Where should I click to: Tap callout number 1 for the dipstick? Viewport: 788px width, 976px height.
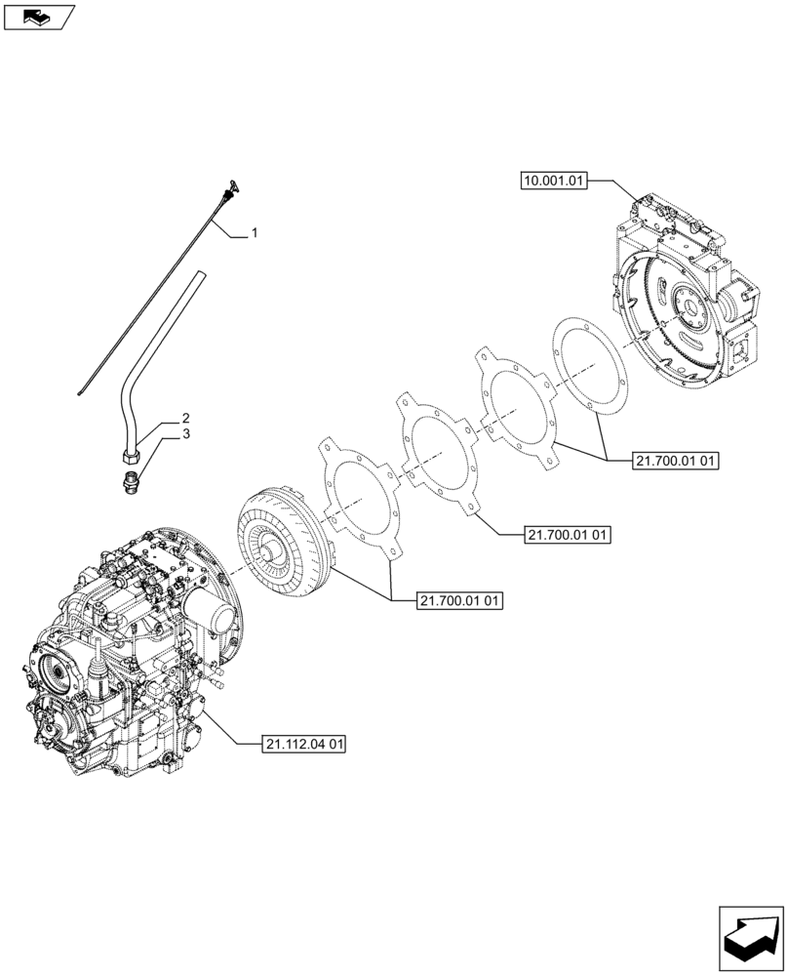pos(255,233)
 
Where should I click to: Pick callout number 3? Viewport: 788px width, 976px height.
pos(185,433)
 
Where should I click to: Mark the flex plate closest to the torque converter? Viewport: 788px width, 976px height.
pos(361,495)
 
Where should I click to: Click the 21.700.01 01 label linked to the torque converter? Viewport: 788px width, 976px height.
pos(459,601)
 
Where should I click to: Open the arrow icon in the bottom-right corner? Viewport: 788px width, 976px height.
pos(750,937)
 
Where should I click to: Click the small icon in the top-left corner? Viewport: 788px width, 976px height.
pos(38,17)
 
